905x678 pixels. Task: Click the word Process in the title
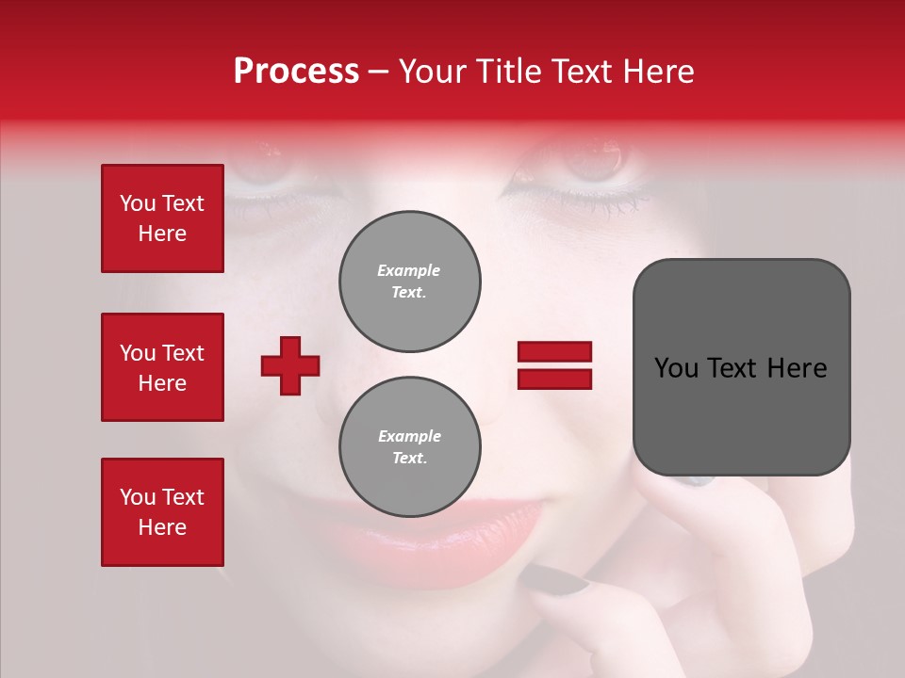click(x=296, y=72)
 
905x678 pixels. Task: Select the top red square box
click(x=162, y=218)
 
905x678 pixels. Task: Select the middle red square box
click(x=162, y=367)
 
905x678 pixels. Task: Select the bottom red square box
click(x=162, y=512)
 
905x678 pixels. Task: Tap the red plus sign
click(x=290, y=365)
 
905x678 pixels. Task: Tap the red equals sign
click(x=554, y=365)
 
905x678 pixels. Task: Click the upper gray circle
click(x=410, y=282)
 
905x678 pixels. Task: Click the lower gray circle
click(x=410, y=446)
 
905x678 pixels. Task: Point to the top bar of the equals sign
click(x=554, y=352)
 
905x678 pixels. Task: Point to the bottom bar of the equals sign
click(x=554, y=379)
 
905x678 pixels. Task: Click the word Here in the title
click(x=660, y=72)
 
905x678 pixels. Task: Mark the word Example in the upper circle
click(x=409, y=270)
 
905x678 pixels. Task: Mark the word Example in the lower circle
click(x=409, y=436)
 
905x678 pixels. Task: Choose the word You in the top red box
click(x=138, y=203)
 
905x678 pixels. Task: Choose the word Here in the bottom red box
click(x=162, y=527)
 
